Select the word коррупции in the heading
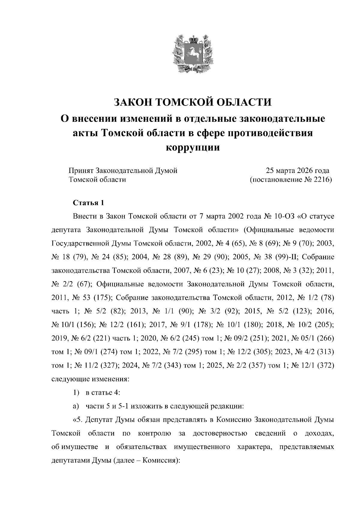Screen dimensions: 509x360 [x=193, y=147]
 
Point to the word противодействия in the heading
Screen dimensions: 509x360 [x=270, y=133]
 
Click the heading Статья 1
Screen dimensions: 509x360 [x=89, y=203]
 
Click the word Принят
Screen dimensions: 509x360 [x=81, y=171]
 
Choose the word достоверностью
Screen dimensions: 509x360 [x=220, y=433]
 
